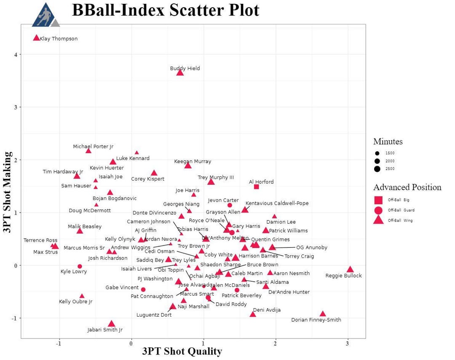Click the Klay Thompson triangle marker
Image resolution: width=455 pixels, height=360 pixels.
click(x=37, y=38)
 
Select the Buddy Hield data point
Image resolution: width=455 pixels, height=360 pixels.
click(x=180, y=73)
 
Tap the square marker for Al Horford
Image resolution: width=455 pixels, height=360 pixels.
click(x=257, y=187)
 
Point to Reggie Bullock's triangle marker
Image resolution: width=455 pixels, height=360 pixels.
click(x=350, y=269)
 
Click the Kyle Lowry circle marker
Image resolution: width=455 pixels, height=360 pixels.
click(x=80, y=267)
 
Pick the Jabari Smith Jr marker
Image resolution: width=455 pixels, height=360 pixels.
click(x=111, y=324)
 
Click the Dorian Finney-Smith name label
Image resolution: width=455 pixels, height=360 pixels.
click(x=316, y=320)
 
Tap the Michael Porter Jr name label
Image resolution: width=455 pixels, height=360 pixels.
click(x=93, y=147)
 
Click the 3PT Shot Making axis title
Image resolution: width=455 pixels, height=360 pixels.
click(x=7, y=181)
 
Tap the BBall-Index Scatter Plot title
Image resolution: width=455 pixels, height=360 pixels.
click(x=166, y=10)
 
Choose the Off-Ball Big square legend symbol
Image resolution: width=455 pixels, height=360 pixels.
click(x=378, y=200)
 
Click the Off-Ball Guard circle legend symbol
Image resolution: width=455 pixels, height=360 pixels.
click(x=378, y=210)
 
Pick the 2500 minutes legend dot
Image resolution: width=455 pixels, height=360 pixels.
click(x=377, y=169)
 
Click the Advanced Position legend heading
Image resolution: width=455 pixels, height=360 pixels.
click(x=407, y=187)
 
